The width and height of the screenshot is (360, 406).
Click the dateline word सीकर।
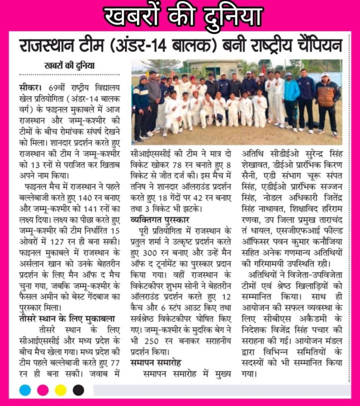click(x=31, y=87)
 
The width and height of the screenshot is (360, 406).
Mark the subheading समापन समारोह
click(x=155, y=362)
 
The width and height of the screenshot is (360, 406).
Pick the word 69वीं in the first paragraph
click(x=56, y=87)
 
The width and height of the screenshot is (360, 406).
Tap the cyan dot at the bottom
click(x=25, y=390)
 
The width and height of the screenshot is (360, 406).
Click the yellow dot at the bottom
click(x=60, y=390)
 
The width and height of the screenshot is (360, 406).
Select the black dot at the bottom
click(x=78, y=390)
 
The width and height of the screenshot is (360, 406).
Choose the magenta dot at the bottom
click(x=43, y=390)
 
